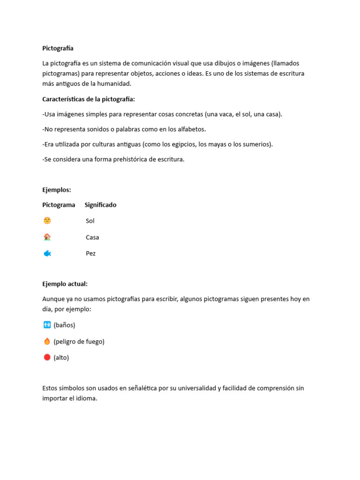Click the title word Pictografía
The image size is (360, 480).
58,48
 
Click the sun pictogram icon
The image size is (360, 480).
47,220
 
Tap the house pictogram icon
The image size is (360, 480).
47,237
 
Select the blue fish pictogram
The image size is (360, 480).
47,253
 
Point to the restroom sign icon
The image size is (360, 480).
47,325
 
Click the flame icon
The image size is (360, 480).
47,341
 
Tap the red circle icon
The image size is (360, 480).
47,357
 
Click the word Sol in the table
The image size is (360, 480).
90,221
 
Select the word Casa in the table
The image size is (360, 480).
92,237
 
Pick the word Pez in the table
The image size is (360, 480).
90,254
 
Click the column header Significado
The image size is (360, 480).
100,205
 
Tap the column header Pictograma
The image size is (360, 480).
59,205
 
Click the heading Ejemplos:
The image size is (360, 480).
57,190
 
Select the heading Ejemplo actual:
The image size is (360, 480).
65,284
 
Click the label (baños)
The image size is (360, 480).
64,325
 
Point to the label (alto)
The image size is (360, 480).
61,358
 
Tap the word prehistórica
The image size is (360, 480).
134,159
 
